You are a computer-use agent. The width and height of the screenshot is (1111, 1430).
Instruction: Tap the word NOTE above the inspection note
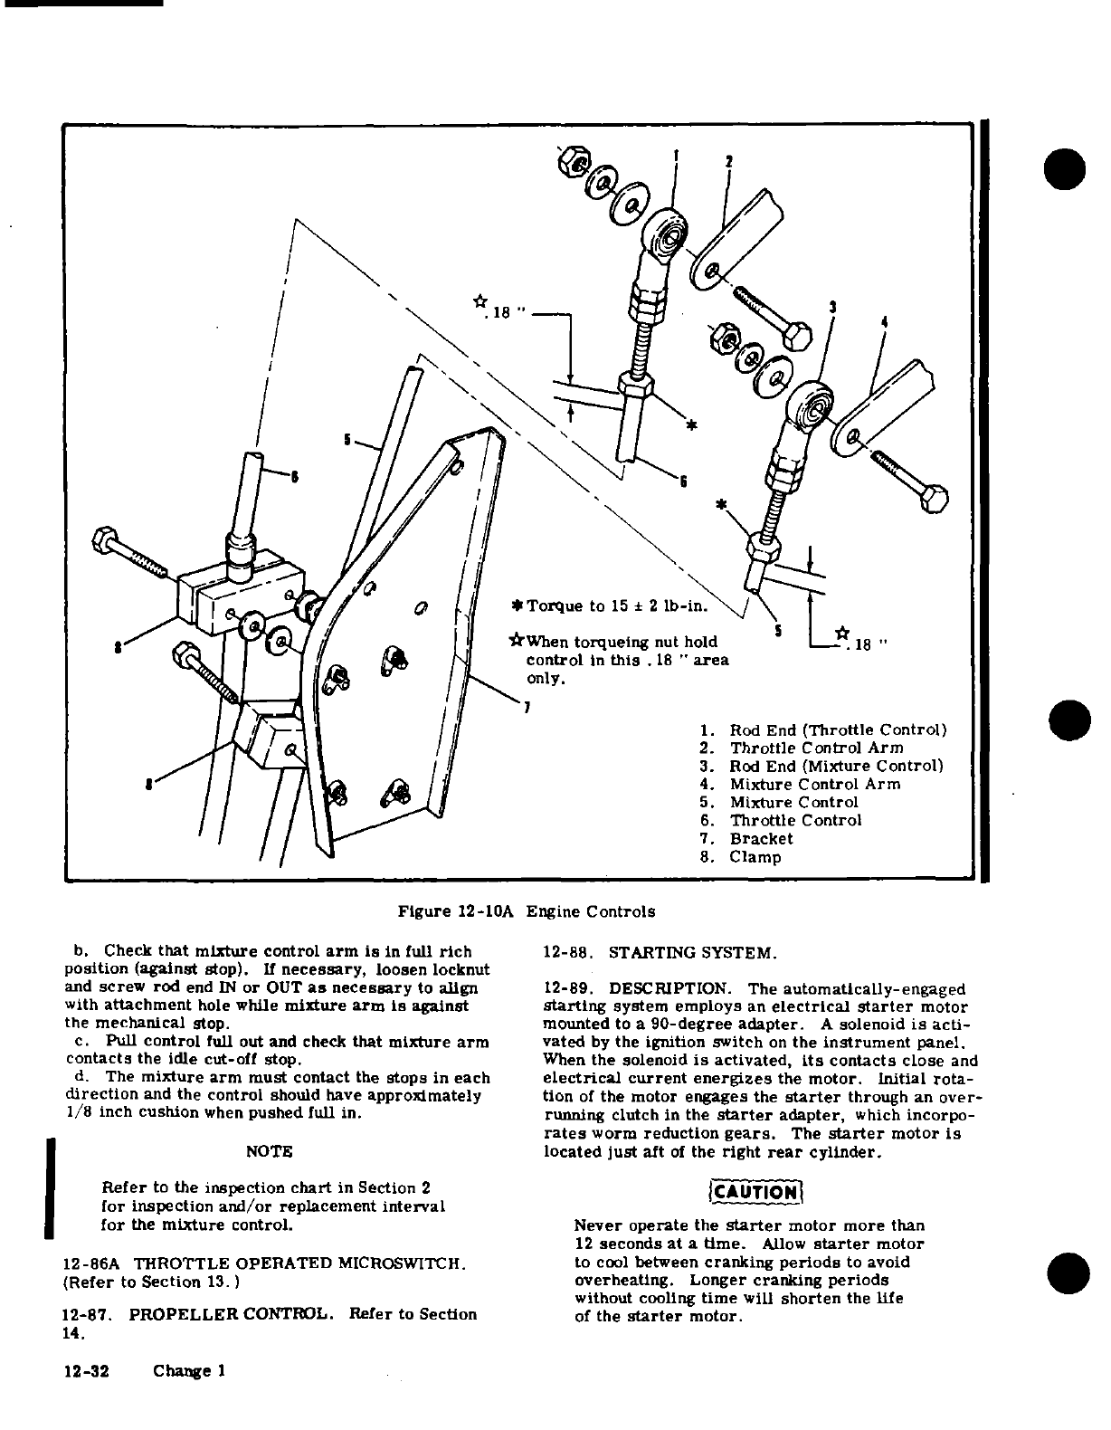tap(270, 1152)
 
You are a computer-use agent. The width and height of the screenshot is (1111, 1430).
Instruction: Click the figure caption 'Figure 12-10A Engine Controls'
tap(527, 911)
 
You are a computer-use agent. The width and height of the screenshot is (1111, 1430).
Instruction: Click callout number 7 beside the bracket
tap(527, 705)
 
